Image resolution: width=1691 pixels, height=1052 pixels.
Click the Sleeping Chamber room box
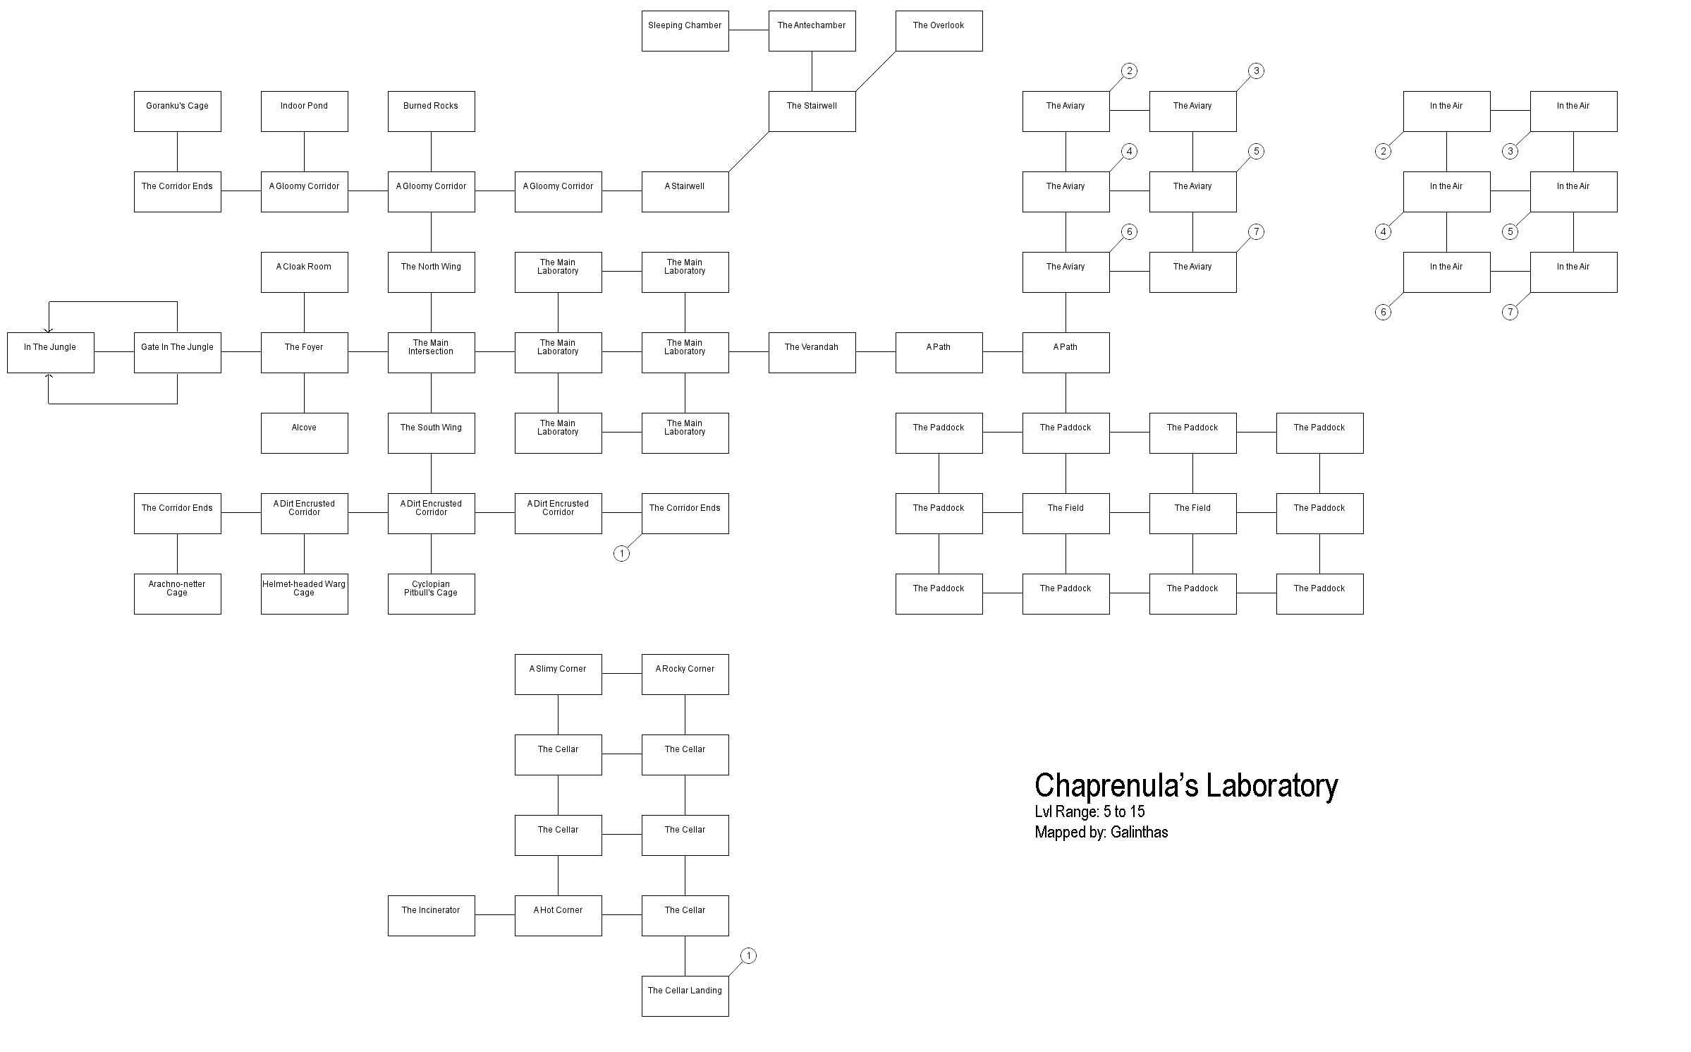tap(685, 31)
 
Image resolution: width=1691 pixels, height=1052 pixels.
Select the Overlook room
tap(939, 31)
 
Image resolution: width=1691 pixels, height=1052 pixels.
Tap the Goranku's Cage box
tap(177, 111)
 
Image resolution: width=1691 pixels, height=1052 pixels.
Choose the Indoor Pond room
tap(304, 111)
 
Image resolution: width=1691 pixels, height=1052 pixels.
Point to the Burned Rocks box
tap(431, 111)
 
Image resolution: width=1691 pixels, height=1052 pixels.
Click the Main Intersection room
tap(431, 353)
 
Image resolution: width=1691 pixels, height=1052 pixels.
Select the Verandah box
tap(812, 353)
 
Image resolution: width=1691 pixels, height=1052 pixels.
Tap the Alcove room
tap(304, 433)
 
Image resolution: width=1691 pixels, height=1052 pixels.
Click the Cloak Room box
tap(304, 272)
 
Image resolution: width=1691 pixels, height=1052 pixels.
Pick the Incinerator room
tap(431, 916)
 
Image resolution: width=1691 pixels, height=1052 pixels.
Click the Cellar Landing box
tap(685, 996)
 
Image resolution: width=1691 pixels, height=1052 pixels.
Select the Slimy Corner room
tap(558, 675)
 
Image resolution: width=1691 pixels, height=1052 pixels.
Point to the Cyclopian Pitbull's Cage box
tap(431, 594)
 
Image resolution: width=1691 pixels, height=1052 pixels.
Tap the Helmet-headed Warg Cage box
tap(304, 594)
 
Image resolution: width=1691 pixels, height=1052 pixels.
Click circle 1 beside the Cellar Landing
tap(748, 956)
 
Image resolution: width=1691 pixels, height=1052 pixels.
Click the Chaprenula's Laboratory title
tap(1185, 785)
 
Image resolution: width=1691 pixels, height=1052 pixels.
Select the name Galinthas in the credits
tap(1139, 833)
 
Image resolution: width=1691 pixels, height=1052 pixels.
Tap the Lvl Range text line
tap(1089, 811)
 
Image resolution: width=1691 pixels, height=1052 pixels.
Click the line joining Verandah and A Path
tap(875, 353)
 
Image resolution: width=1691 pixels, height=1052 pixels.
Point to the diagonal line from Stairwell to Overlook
tap(875, 71)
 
